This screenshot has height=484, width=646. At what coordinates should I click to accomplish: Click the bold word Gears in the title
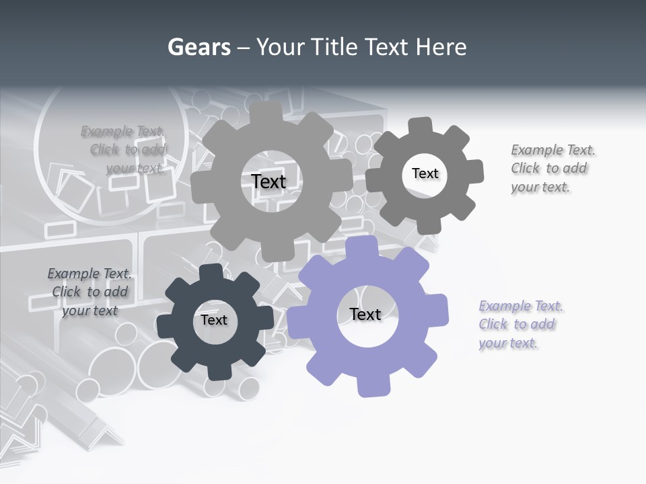pyautogui.click(x=199, y=47)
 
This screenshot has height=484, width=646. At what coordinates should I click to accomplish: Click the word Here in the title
pyautogui.click(x=441, y=47)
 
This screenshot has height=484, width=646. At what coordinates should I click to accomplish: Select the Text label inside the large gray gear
pyautogui.click(x=268, y=182)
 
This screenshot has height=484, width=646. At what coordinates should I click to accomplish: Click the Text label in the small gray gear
pyautogui.click(x=425, y=173)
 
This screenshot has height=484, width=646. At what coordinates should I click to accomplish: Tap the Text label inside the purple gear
pyautogui.click(x=365, y=314)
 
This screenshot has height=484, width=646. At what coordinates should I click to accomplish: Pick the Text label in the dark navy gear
pyautogui.click(x=214, y=320)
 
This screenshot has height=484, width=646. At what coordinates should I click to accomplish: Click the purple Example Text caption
pyautogui.click(x=521, y=325)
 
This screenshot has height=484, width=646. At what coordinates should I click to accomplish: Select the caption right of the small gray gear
pyautogui.click(x=552, y=168)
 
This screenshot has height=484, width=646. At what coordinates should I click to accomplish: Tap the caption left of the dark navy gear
pyautogui.click(x=89, y=292)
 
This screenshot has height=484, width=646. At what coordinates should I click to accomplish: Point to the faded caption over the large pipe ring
pyautogui.click(x=124, y=149)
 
